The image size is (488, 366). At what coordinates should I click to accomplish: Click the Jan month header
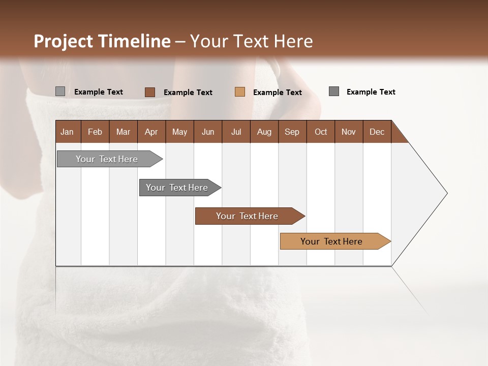pyautogui.click(x=68, y=132)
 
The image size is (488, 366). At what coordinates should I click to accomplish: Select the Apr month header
pyautogui.click(x=151, y=132)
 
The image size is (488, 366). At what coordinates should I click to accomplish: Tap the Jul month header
pyautogui.click(x=236, y=132)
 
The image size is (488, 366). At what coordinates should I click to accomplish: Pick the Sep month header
pyautogui.click(x=292, y=132)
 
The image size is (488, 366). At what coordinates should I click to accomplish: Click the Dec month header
pyautogui.click(x=377, y=132)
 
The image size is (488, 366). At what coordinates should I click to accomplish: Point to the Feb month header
pyautogui.click(x=95, y=132)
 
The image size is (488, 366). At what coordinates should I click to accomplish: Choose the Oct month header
pyautogui.click(x=321, y=132)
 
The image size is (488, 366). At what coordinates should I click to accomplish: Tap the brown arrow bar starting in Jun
pyautogui.click(x=248, y=216)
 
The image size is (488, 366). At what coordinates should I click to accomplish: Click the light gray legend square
pyautogui.click(x=60, y=91)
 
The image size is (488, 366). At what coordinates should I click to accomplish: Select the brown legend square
pyautogui.click(x=150, y=92)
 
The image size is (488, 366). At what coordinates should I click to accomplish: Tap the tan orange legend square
pyautogui.click(x=240, y=92)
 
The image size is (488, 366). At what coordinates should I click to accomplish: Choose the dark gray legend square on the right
pyautogui.click(x=334, y=91)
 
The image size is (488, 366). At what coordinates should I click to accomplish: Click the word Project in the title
pyautogui.click(x=63, y=41)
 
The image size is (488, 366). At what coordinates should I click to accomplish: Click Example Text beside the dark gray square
pyautogui.click(x=371, y=92)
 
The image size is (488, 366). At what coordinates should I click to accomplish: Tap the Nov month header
pyautogui.click(x=349, y=132)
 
